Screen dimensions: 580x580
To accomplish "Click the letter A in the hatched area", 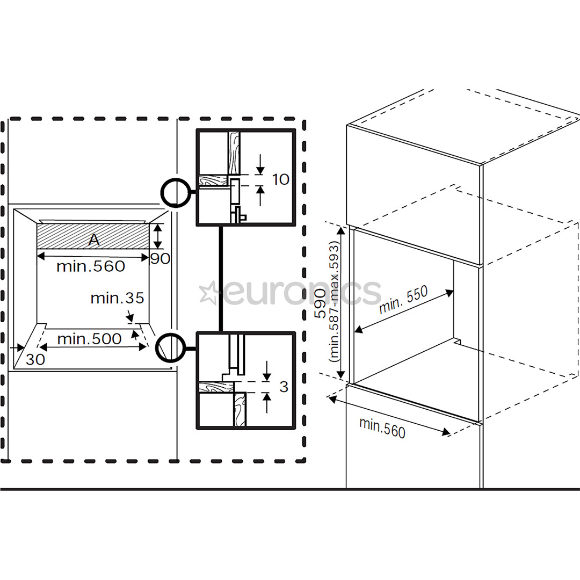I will [x=94, y=241].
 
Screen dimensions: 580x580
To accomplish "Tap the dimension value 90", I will [x=160, y=259].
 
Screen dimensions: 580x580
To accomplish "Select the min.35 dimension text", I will [x=117, y=298].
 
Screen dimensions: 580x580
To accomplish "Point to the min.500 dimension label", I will [x=89, y=339].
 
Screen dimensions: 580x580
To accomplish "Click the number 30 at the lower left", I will [x=35, y=360].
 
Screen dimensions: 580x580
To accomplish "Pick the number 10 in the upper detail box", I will [x=280, y=179].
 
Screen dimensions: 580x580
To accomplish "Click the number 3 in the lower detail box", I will [x=284, y=387].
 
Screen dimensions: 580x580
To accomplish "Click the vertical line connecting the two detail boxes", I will [x=220, y=279].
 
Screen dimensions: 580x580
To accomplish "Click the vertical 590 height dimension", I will [x=320, y=304].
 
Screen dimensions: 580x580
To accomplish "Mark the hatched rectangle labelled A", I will [x=64, y=236].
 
